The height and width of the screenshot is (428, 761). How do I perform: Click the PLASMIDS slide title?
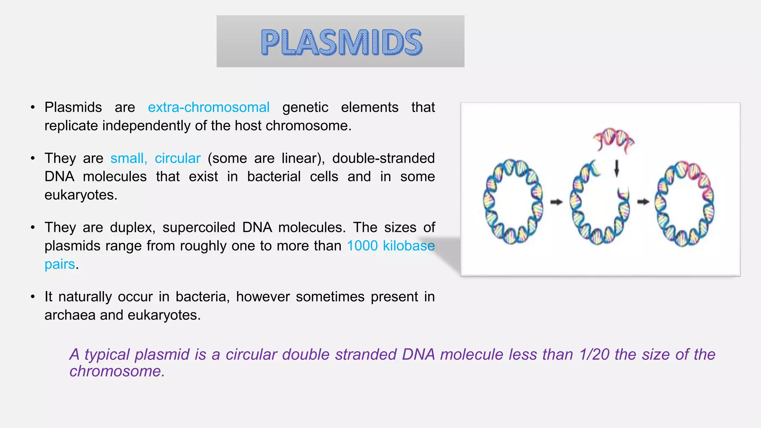(x=341, y=42)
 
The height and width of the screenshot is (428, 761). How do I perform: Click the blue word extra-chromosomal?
(x=208, y=107)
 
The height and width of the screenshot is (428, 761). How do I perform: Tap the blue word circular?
(x=178, y=158)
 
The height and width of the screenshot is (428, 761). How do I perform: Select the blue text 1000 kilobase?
(x=391, y=246)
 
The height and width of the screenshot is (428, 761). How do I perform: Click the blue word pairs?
(x=59, y=264)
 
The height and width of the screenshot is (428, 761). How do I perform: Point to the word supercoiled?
(x=199, y=227)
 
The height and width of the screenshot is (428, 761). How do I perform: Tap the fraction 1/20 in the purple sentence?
(x=594, y=354)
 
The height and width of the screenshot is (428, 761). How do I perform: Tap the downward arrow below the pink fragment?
(x=616, y=168)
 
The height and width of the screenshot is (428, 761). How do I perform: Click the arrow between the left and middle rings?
(x=556, y=202)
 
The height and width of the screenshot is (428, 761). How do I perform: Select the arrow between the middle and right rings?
(x=643, y=202)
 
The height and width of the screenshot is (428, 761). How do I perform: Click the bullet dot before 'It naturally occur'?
(x=33, y=297)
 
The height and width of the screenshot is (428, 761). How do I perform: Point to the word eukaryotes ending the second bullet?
(x=80, y=195)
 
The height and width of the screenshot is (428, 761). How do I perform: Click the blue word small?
(x=129, y=158)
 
